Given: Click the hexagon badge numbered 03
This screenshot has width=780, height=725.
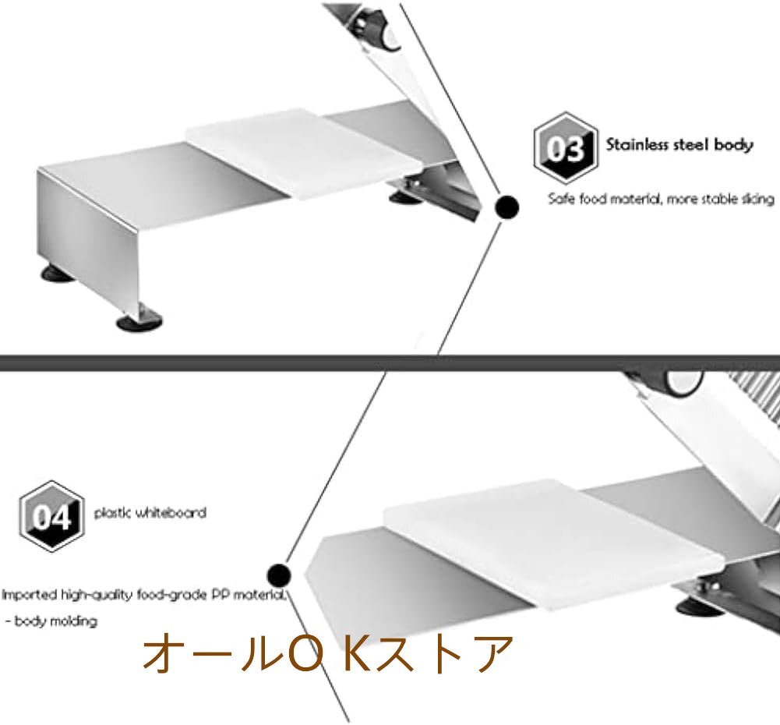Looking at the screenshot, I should click(x=565, y=148).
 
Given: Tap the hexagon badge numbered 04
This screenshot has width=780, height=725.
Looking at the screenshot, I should click(x=51, y=516).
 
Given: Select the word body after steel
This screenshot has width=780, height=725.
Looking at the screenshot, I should click(x=735, y=145).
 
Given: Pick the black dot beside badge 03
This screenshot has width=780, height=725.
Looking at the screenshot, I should click(x=507, y=207).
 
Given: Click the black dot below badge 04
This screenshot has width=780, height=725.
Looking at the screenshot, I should click(x=278, y=576).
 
